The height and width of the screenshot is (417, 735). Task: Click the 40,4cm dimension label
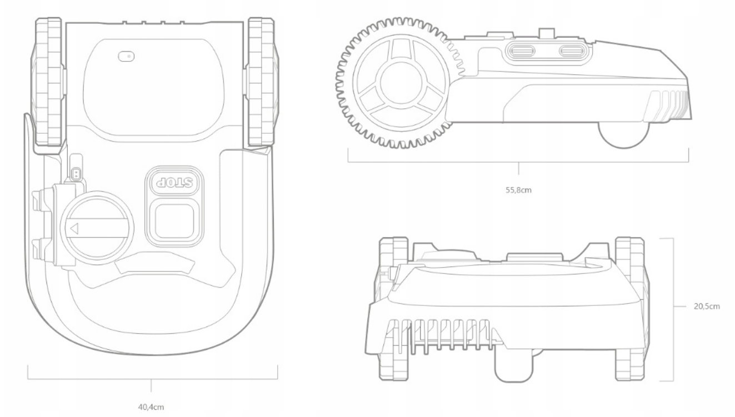[x=151, y=406]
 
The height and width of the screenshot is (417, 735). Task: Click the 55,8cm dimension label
[x=518, y=189]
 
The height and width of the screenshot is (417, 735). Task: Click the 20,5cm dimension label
[x=707, y=306]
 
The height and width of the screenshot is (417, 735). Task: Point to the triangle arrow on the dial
[x=74, y=227]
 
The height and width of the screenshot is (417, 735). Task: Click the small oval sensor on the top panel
[x=127, y=56]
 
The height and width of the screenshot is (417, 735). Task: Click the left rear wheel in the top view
[x=48, y=83]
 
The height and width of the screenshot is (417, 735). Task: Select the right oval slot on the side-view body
[x=573, y=52]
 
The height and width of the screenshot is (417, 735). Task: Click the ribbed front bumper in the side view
[x=671, y=105]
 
